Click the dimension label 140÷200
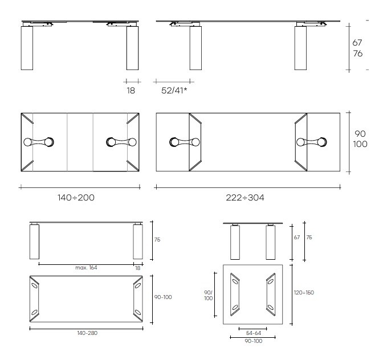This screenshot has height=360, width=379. (76, 198)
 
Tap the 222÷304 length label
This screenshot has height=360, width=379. (245, 198)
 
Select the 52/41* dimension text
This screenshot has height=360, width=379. (174, 91)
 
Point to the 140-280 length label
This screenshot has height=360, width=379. (87, 333)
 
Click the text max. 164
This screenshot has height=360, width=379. (86, 268)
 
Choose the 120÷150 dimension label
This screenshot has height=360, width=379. (304, 293)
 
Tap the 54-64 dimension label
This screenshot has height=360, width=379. (254, 333)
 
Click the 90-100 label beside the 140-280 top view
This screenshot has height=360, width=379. (163, 297)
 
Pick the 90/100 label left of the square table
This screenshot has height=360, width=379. (209, 296)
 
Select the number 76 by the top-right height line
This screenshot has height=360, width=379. (358, 54)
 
